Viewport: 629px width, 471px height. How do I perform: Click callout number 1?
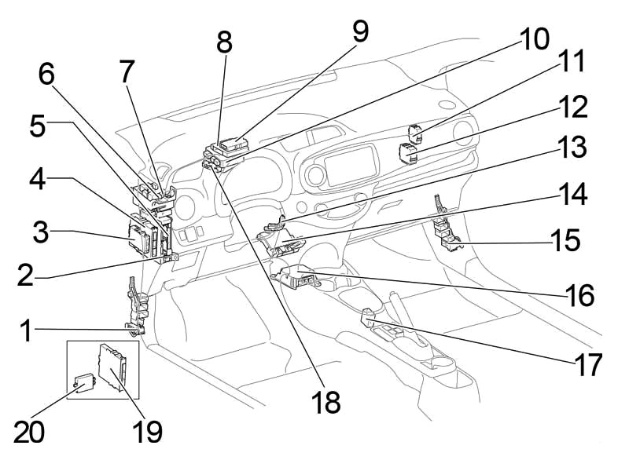point(25,330)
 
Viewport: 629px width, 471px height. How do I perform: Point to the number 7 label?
point(126,73)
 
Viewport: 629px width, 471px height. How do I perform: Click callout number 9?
point(360,31)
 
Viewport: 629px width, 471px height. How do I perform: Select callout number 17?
point(587,364)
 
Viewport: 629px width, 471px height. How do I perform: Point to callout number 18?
point(325,402)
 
